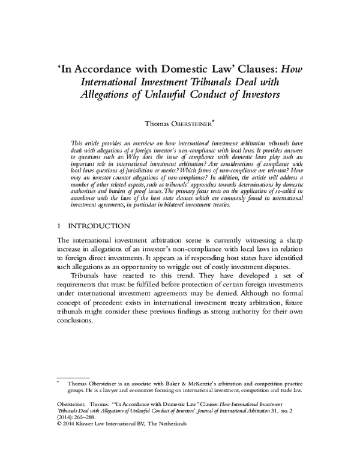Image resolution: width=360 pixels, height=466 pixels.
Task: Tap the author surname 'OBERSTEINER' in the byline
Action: click(x=191, y=124)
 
